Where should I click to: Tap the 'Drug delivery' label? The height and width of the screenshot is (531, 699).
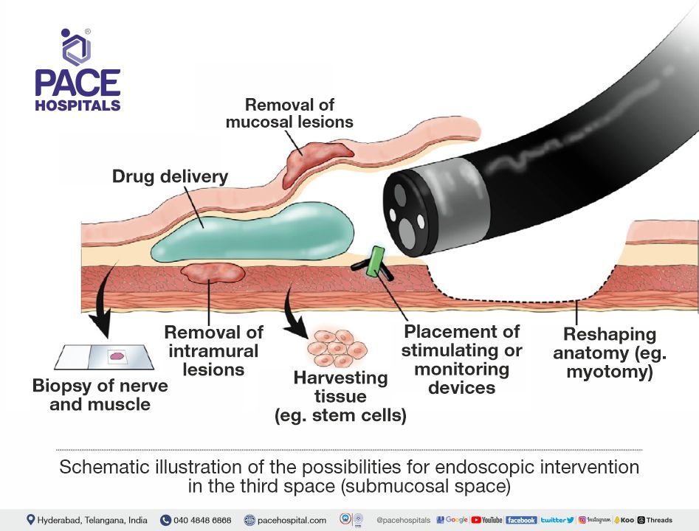pyautogui.click(x=170, y=177)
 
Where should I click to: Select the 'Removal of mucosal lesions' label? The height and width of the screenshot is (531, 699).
pyautogui.click(x=289, y=113)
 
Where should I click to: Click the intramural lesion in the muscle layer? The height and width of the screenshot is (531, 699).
pyautogui.click(x=213, y=273)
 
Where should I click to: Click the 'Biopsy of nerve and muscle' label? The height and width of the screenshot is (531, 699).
pyautogui.click(x=100, y=395)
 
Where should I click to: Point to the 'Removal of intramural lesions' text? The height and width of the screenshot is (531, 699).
pyautogui.click(x=213, y=350)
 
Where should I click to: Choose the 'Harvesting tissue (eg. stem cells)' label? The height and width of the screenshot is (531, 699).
pyautogui.click(x=340, y=397)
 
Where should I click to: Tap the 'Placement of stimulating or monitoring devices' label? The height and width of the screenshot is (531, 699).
pyautogui.click(x=461, y=359)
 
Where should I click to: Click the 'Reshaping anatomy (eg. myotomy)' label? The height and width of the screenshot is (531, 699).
pyautogui.click(x=610, y=353)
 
